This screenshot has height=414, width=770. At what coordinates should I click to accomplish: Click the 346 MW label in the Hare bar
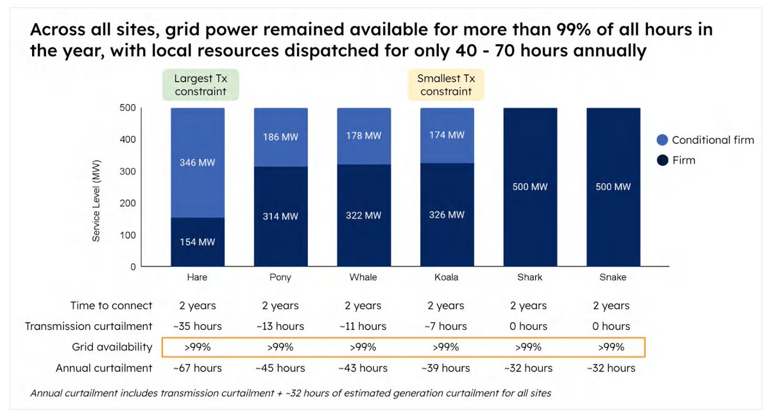197,163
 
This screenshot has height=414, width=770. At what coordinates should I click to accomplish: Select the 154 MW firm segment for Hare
197,242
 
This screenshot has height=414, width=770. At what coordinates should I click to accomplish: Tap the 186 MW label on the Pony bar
280,137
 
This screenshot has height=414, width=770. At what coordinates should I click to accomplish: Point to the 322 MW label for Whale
364,216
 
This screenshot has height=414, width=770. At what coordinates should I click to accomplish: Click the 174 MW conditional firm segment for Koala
447,135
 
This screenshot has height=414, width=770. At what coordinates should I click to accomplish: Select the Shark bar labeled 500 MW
530,187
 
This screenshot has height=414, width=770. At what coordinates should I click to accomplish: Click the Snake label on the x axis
613,277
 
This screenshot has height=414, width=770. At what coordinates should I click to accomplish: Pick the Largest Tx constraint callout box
200,85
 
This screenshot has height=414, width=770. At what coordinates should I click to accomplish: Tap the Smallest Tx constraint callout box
446,85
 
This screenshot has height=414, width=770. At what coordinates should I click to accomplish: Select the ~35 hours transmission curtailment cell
197,326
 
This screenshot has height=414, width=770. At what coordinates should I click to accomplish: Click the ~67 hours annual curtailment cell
197,368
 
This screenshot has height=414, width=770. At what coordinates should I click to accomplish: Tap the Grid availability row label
112,347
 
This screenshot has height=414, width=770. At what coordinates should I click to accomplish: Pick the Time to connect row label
112,306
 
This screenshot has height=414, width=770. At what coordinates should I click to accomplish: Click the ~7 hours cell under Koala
446,326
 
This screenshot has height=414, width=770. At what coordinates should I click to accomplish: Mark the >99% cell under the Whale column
363,347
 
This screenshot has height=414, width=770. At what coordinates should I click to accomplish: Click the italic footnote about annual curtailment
290,393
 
